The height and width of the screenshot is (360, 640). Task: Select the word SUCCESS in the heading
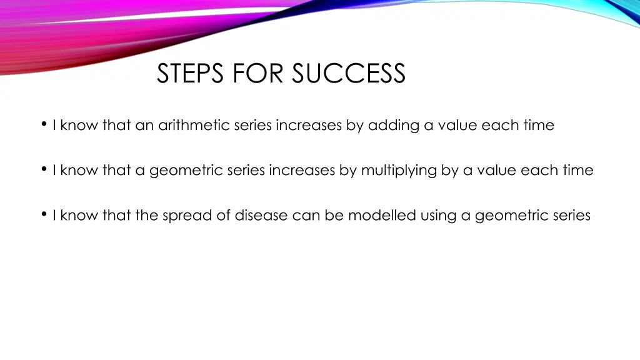pyautogui.click(x=349, y=74)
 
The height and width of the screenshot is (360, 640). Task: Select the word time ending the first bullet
pyautogui.click(x=539, y=126)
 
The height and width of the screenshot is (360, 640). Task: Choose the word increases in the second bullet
pyautogui.click(x=302, y=171)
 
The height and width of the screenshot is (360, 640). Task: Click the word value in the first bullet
pyautogui.click(x=457, y=126)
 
